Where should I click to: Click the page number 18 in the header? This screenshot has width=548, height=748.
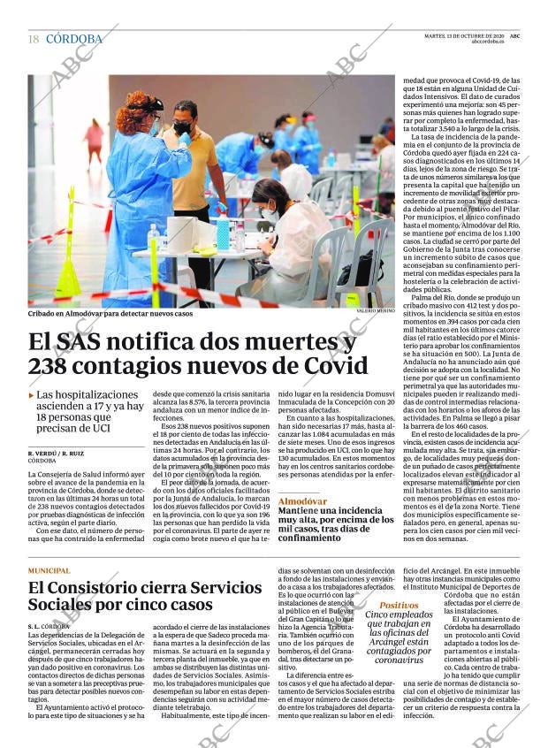pos(34,39)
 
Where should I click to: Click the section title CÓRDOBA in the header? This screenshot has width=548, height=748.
pos(74,39)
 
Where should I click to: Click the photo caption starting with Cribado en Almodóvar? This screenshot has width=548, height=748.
pos(110,313)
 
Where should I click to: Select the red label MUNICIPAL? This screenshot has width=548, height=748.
pos(49,570)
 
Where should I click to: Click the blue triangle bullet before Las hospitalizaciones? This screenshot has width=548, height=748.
pos(32,395)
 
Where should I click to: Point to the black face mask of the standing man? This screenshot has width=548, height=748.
pos(183,128)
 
